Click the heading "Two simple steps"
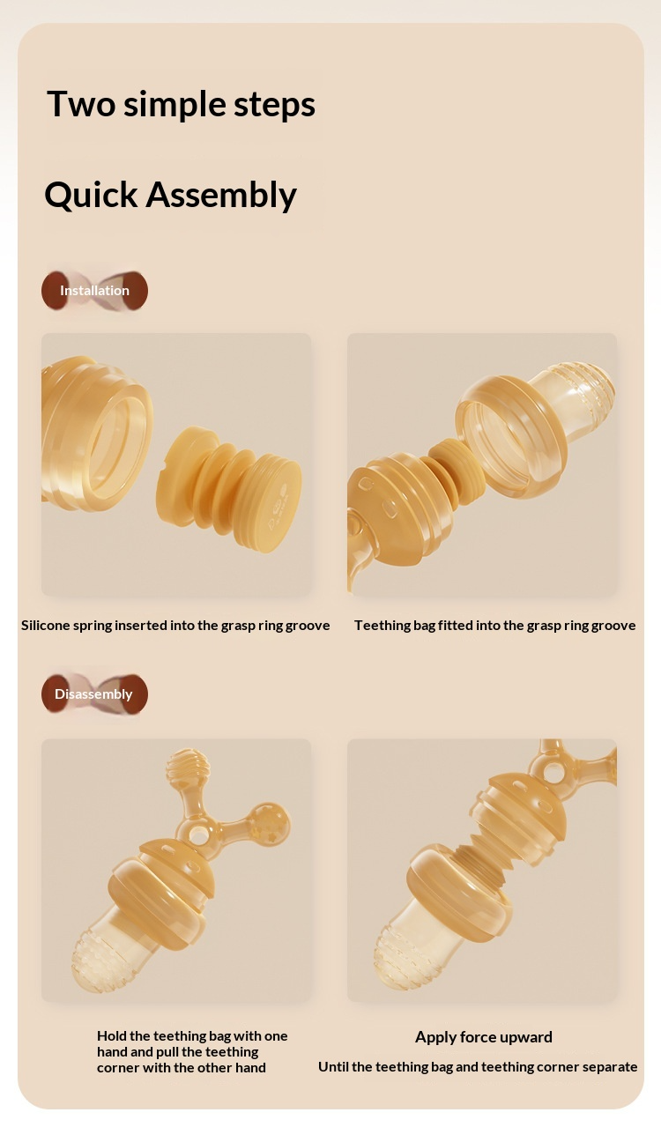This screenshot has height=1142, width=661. click(x=181, y=105)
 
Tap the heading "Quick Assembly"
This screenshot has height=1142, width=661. click(x=170, y=196)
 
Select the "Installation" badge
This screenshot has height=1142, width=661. click(x=94, y=291)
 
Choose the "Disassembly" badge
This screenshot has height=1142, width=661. click(x=94, y=693)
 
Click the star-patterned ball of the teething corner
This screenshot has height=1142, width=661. click(x=271, y=822)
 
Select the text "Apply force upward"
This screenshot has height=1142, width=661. click(x=484, y=1036)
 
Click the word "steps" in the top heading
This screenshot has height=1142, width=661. click(x=274, y=106)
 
